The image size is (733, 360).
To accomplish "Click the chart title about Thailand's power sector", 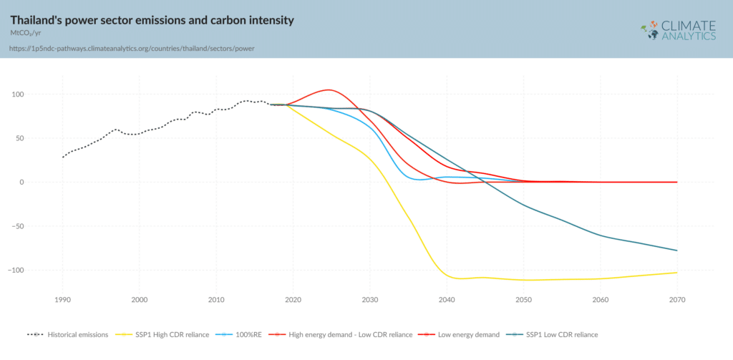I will pos(152,20).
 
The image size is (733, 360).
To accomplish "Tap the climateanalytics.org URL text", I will pos(132,49).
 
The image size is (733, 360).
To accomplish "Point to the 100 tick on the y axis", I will pos(38,94).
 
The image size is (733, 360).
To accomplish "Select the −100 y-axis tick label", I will pos(35,270).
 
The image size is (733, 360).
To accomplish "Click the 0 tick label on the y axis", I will pos(42,182).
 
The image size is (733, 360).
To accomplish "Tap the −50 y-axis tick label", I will pos(37,226).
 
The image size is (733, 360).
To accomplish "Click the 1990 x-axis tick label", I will pos(62,299).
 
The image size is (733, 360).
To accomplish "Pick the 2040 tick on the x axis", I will pos(447,299).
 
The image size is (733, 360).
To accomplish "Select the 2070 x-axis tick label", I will pos(676,299).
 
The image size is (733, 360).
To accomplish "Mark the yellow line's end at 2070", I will pos(676,272).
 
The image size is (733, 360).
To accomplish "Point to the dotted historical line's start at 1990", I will pos(63,157).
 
